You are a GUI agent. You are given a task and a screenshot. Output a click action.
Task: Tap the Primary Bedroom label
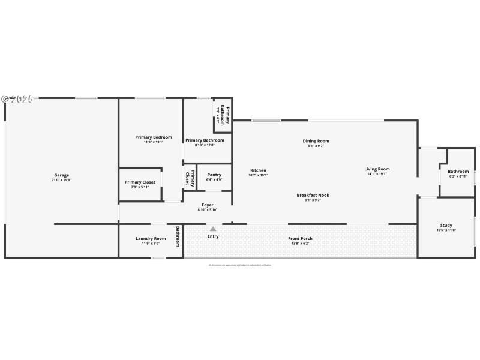154,137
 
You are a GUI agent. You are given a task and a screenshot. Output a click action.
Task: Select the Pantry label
214,175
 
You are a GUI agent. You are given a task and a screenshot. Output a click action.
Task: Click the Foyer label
208,205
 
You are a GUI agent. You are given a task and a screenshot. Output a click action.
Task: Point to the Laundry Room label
151,238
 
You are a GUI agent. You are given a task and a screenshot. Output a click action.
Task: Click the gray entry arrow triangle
213,229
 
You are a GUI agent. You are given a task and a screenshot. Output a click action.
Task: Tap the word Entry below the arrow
213,236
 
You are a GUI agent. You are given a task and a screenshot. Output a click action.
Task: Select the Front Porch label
300,238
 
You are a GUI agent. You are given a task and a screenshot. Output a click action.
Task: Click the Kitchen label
258,170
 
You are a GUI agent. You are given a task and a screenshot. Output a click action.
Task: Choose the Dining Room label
316,141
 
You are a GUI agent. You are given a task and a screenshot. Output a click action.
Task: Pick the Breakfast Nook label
313,195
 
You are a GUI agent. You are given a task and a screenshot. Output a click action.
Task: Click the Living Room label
377,169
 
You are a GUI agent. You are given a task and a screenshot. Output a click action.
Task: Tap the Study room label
446,225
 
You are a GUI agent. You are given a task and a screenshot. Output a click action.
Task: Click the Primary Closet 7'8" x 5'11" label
140,184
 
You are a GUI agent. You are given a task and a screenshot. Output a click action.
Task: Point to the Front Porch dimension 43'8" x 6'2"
300,244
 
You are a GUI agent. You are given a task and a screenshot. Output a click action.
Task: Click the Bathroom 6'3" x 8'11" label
458,173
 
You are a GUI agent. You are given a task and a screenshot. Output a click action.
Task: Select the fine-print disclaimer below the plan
240,265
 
